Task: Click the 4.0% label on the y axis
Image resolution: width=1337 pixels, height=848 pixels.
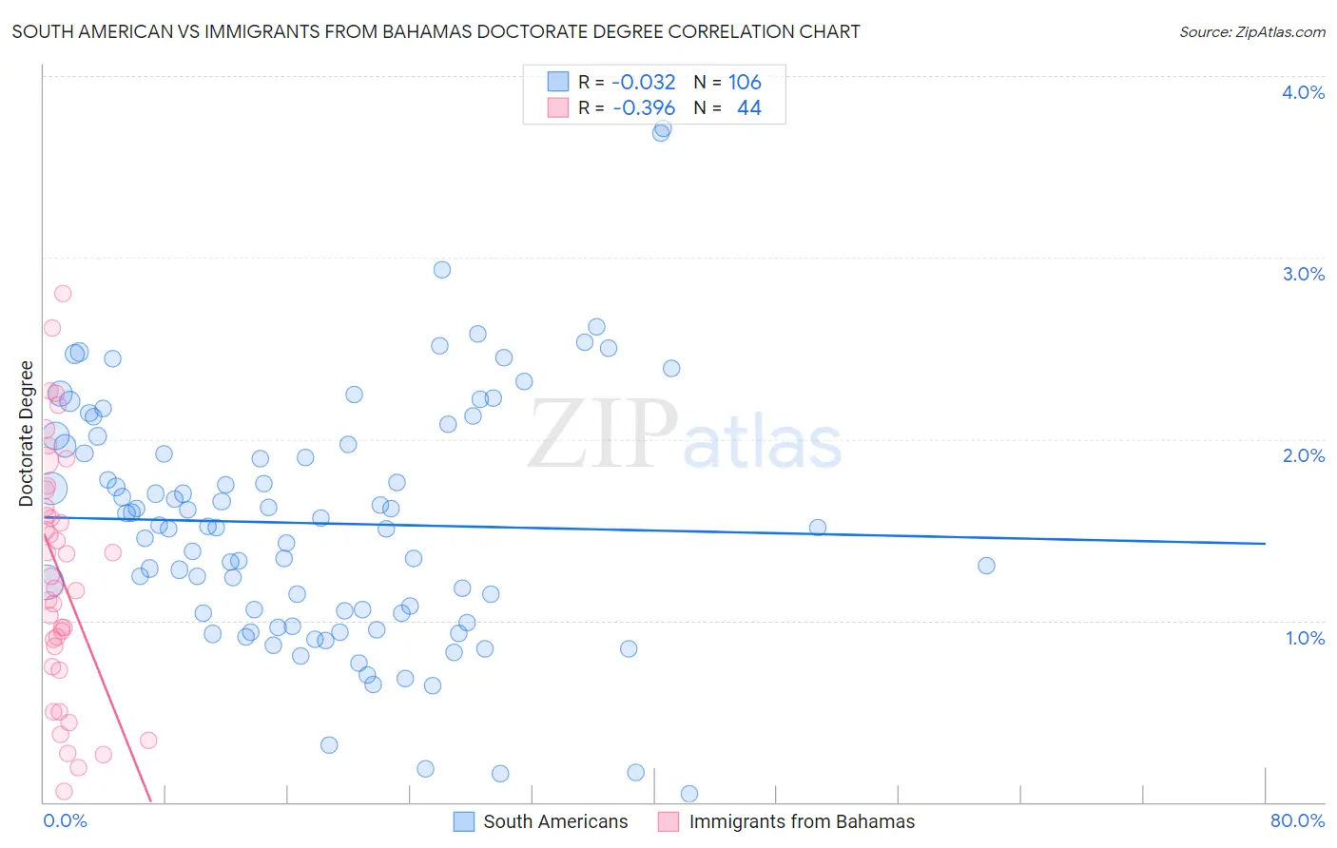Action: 1303,92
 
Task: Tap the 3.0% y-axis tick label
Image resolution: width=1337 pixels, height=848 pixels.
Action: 1303,274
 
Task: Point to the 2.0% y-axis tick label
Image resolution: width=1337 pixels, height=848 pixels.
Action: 1303,455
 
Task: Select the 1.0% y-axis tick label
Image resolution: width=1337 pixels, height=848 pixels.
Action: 1305,638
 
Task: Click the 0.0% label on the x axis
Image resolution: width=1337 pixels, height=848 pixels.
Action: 65,820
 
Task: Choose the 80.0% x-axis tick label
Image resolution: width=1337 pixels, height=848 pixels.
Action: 1297,820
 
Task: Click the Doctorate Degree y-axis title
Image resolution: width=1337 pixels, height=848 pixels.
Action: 27,434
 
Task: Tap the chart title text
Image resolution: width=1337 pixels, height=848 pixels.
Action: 436,31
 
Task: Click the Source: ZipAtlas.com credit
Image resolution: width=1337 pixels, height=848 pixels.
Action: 1251,32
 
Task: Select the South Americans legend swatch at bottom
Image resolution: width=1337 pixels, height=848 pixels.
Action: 464,821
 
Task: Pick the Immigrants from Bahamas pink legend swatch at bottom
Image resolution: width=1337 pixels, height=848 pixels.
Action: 668,821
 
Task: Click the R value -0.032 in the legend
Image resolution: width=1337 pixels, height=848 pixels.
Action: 644,83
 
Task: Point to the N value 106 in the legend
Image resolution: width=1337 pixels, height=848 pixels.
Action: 745,83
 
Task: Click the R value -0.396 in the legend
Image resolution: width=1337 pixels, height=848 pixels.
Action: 644,108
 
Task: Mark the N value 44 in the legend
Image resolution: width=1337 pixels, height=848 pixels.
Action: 749,108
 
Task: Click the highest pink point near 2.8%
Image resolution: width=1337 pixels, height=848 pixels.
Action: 63,293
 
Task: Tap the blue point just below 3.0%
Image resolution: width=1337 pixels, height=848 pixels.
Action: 442,270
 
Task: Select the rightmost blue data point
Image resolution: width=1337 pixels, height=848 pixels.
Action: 986,566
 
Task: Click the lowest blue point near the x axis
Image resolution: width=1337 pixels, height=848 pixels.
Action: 689,794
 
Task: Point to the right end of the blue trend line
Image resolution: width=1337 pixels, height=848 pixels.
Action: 1265,543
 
